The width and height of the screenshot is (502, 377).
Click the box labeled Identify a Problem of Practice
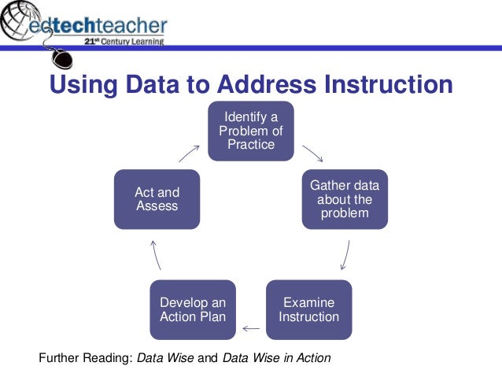251,131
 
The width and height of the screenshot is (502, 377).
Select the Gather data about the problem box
345,199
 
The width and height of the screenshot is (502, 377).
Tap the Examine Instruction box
309,309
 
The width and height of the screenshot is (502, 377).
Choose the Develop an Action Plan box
193,309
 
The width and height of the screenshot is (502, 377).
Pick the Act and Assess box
157,199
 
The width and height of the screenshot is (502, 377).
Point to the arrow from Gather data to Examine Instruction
345,255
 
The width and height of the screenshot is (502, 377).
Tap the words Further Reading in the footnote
85,358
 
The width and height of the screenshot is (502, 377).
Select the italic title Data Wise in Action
277,358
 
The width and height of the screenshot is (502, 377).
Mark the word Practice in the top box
251,145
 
